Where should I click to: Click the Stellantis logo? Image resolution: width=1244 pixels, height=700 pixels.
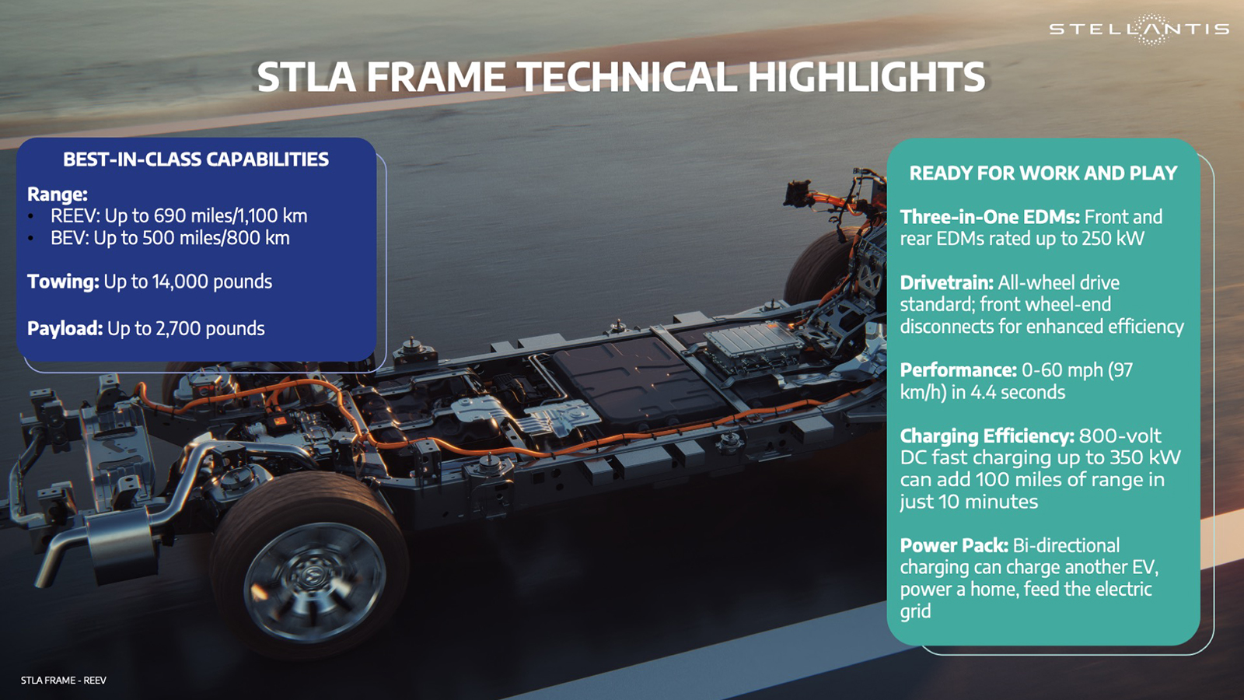tap(1139, 30)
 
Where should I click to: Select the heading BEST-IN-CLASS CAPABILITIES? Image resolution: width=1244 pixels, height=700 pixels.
tap(196, 159)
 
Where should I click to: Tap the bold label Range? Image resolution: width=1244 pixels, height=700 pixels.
tap(57, 194)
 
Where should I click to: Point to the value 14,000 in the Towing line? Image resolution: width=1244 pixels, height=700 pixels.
tap(180, 282)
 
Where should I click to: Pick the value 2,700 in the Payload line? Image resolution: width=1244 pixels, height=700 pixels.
tap(178, 328)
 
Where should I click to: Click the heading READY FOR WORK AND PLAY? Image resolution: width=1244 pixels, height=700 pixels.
tap(1043, 173)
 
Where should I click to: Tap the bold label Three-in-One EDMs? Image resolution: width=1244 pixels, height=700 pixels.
tap(989, 217)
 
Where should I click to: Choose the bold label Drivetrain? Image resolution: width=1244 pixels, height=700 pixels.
tap(946, 282)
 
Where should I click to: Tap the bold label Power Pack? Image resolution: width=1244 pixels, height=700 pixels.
tap(953, 545)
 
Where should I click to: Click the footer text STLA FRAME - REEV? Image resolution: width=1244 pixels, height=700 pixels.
tap(63, 680)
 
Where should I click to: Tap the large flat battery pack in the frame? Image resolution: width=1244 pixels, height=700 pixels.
tap(638, 381)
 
